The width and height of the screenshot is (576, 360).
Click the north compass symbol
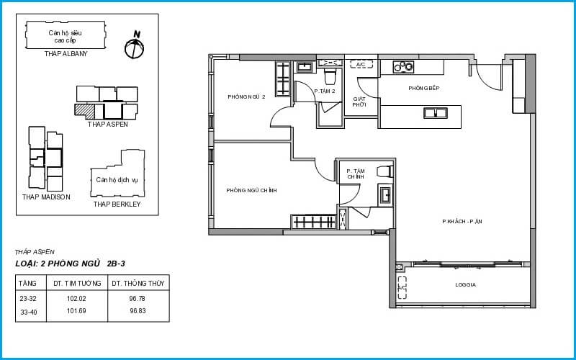134,48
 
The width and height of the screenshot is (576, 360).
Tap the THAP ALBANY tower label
66,53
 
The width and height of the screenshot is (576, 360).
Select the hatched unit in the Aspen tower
84,111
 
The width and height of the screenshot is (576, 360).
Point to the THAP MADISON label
46,197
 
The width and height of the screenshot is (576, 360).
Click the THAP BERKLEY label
117,204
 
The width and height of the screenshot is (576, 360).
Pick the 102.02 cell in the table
76,299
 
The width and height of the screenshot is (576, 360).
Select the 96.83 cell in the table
138,311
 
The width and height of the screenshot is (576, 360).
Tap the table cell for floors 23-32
28,299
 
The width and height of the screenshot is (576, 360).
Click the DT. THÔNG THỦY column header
138,283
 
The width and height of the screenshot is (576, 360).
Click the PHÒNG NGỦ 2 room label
246,97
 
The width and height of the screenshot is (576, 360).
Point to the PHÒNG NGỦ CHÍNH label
251,190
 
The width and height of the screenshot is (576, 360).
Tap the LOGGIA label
465,284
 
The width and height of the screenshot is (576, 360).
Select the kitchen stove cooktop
403,66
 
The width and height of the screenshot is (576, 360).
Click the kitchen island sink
436,113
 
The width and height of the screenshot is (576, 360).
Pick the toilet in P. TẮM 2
330,76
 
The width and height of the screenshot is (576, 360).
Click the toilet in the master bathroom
385,171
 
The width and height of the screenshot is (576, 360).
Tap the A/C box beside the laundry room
361,64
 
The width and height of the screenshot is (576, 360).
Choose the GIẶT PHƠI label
359,102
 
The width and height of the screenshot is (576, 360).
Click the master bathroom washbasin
385,194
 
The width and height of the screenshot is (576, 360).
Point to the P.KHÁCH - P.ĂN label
462,222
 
